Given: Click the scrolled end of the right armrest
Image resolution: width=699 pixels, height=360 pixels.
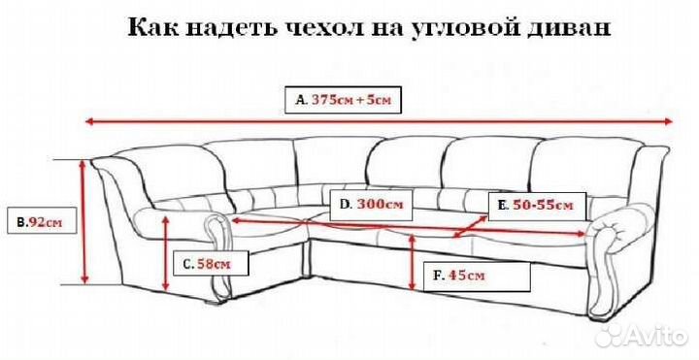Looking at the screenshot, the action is tap(611, 238).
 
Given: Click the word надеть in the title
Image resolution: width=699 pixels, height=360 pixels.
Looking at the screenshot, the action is tap(220, 28).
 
